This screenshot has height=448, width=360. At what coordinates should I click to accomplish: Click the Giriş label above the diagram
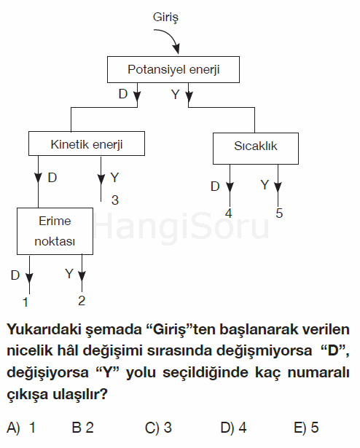point(165,17)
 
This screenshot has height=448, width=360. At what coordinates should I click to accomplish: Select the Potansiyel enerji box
point(173,69)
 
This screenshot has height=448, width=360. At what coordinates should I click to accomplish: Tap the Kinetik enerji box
point(87,144)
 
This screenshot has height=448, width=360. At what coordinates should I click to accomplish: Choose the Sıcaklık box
point(256,149)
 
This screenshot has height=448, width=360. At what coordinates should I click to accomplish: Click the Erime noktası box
point(55,231)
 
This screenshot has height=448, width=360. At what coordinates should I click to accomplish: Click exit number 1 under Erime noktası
point(26,302)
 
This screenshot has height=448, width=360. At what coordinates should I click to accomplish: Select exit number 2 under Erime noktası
point(82,301)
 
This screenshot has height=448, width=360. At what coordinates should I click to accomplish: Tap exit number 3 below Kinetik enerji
point(115,200)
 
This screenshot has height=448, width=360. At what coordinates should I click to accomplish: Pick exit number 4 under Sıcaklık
point(229,213)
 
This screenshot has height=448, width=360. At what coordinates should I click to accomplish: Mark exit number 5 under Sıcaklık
point(279,213)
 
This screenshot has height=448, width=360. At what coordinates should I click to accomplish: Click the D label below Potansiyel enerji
point(123,94)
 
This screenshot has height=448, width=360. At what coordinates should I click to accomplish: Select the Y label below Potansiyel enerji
point(176,94)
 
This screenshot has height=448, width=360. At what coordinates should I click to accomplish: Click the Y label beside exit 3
point(114,178)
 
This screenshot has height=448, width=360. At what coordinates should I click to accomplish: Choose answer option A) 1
point(21,428)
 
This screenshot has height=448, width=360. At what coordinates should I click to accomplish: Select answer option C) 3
point(158,428)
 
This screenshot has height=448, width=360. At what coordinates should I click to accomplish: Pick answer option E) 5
point(306,428)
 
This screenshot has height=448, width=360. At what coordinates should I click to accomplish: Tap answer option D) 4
point(234,428)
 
